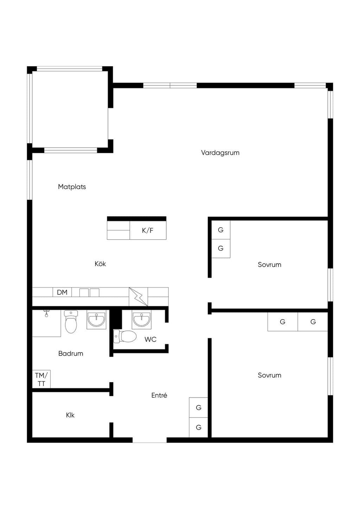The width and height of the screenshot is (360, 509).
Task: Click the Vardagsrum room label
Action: pyautogui.click(x=220, y=153)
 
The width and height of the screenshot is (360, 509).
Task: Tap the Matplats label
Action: pyautogui.click(x=72, y=187)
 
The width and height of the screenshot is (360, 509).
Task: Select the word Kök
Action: pyautogui.click(x=100, y=264)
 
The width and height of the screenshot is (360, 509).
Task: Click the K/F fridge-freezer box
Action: pyautogui.click(x=148, y=230)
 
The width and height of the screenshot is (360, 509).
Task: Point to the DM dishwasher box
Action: pyautogui.click(x=62, y=292)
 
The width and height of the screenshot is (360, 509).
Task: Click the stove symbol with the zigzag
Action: pyautogui.click(x=139, y=297)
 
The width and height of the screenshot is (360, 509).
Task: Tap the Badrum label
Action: pyautogui.click(x=71, y=353)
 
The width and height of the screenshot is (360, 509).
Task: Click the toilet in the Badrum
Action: pyautogui.click(x=71, y=322)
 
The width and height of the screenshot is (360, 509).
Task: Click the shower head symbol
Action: pyautogui.click(x=46, y=313)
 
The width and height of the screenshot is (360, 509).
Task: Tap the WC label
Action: pyautogui.click(x=150, y=339)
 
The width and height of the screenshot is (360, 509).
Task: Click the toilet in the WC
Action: pyautogui.click(x=125, y=336)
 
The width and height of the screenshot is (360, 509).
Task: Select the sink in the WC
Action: pyautogui.click(x=141, y=320)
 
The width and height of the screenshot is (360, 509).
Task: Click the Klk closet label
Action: pyautogui.click(x=70, y=415)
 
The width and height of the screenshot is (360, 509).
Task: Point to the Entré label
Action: pyautogui.click(x=159, y=395)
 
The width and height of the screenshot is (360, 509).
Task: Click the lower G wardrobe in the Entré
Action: pyautogui.click(x=198, y=427)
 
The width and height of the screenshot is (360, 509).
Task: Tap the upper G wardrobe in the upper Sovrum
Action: pyautogui.click(x=221, y=230)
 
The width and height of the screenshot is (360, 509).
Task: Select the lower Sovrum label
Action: pyautogui.click(x=270, y=375)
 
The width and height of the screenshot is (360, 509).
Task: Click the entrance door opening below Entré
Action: pyautogui.click(x=149, y=440)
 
